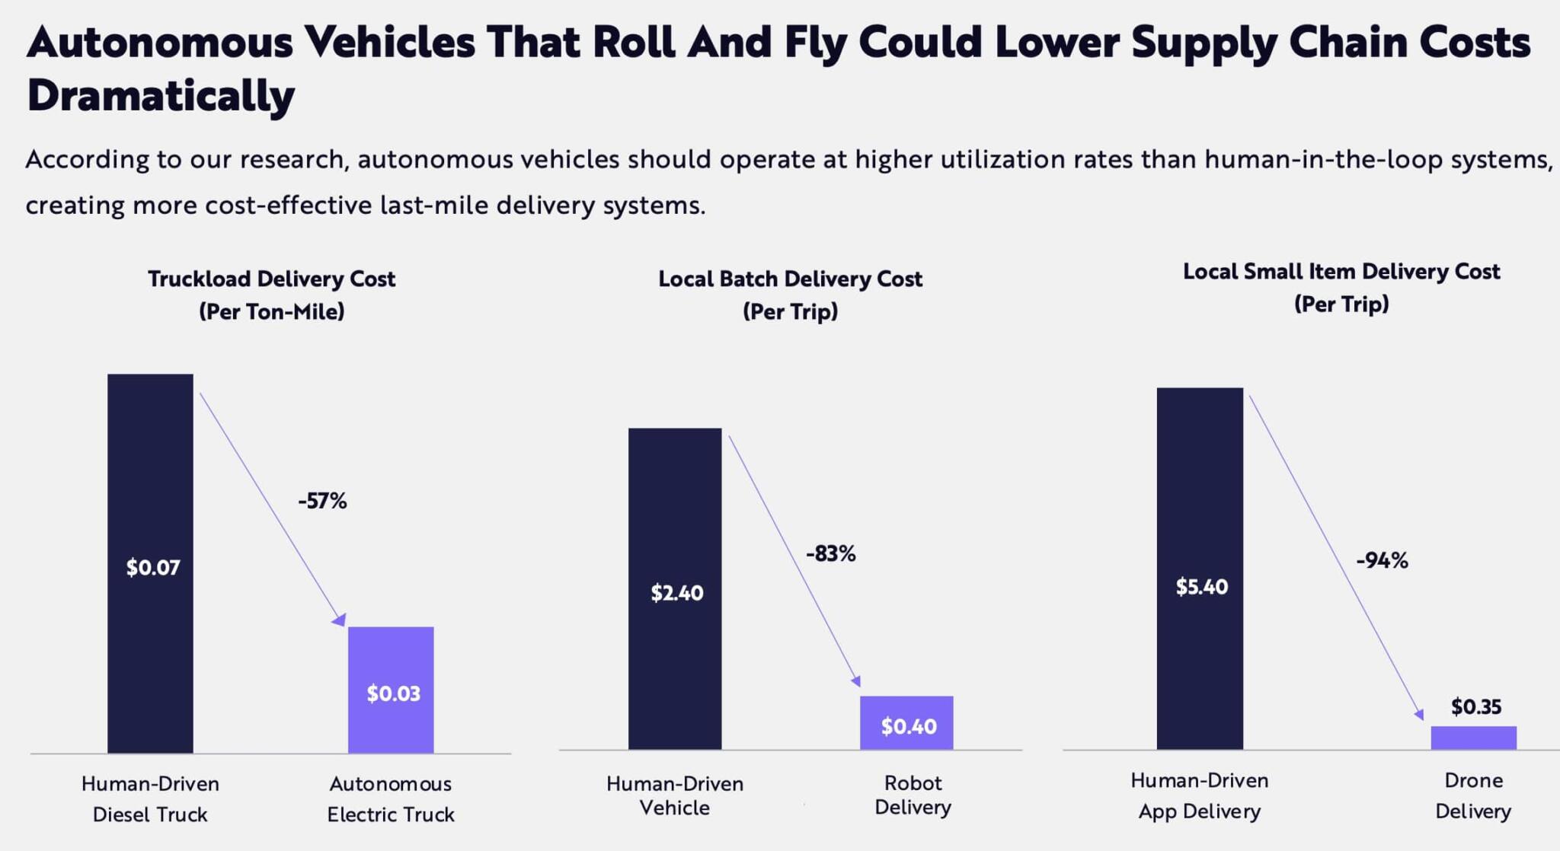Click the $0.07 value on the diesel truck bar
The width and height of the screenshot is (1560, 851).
(x=153, y=568)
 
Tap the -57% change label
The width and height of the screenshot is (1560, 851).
(x=322, y=501)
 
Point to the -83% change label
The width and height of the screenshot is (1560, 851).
(x=830, y=554)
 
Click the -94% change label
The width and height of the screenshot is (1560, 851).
(x=1382, y=561)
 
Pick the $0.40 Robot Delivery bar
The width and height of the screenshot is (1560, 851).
(x=906, y=723)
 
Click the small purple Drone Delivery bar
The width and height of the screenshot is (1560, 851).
(x=1473, y=738)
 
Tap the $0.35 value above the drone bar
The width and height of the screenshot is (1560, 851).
(x=1475, y=707)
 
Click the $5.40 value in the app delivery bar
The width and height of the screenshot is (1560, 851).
(x=1201, y=587)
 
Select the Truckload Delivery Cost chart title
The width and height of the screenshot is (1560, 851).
(x=271, y=279)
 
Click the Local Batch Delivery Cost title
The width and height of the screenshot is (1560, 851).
(x=790, y=279)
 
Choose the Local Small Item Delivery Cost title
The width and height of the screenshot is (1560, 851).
(x=1341, y=272)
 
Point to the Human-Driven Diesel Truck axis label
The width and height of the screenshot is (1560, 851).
(x=150, y=798)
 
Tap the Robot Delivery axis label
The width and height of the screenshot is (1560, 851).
(x=913, y=795)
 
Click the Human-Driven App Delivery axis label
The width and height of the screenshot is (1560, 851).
(x=1199, y=795)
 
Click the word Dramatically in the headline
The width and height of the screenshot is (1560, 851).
(x=161, y=96)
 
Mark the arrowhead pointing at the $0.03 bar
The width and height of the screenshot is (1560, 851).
(x=340, y=620)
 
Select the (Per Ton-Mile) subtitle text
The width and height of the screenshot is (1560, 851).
(x=271, y=312)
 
